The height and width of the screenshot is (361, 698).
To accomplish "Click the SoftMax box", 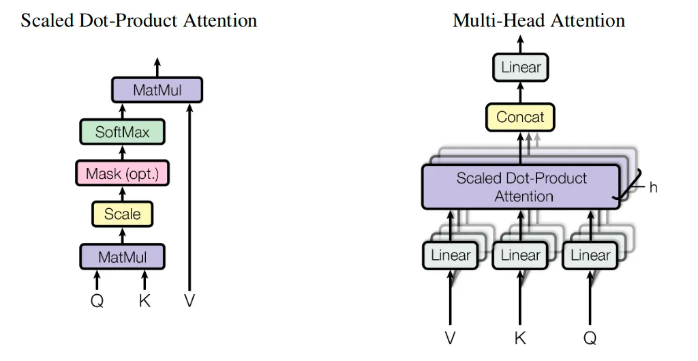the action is [x=123, y=132].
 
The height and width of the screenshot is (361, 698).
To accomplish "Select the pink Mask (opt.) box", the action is [x=123, y=173].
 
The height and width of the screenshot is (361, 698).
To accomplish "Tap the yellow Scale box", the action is [x=123, y=214].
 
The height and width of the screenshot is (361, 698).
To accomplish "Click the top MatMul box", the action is [x=157, y=90].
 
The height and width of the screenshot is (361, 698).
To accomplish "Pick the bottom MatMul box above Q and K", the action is [x=123, y=257].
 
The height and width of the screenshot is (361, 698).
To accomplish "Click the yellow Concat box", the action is [x=520, y=117].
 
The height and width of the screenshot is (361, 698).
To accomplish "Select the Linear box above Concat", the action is [x=520, y=68].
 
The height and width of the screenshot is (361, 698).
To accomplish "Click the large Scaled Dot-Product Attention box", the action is [x=521, y=187].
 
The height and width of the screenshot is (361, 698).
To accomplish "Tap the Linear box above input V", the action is [x=451, y=255].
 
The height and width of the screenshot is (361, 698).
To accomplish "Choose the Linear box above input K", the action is [x=520, y=255].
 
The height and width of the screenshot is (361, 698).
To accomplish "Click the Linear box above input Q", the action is [x=590, y=255].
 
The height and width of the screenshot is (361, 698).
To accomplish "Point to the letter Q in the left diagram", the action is [x=97, y=301].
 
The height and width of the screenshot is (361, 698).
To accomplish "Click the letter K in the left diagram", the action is [x=145, y=301].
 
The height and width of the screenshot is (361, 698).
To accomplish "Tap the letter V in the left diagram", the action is [x=189, y=301].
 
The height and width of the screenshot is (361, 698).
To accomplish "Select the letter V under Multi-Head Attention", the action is [x=451, y=338].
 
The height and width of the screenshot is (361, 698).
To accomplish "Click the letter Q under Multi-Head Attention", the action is [x=590, y=338].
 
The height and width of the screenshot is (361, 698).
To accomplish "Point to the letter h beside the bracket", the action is [x=653, y=187].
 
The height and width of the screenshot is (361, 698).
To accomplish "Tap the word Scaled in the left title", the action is [x=47, y=20].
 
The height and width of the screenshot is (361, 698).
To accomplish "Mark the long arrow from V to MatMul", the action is [x=189, y=197].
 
